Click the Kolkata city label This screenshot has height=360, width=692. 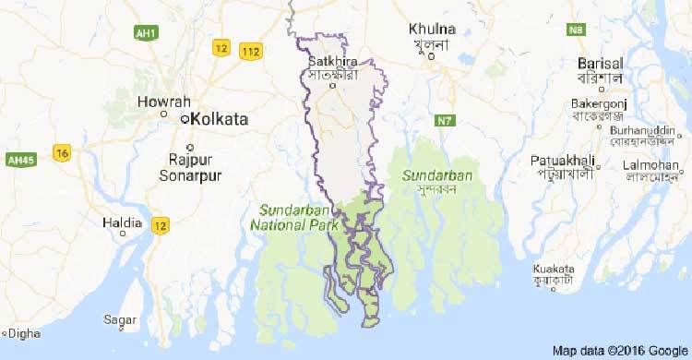click(221, 119)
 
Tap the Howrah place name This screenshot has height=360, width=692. click(160, 101)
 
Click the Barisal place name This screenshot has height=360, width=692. click(601, 63)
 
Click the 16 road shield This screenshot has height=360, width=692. click(62, 152)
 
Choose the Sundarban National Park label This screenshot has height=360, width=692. click(294, 215)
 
